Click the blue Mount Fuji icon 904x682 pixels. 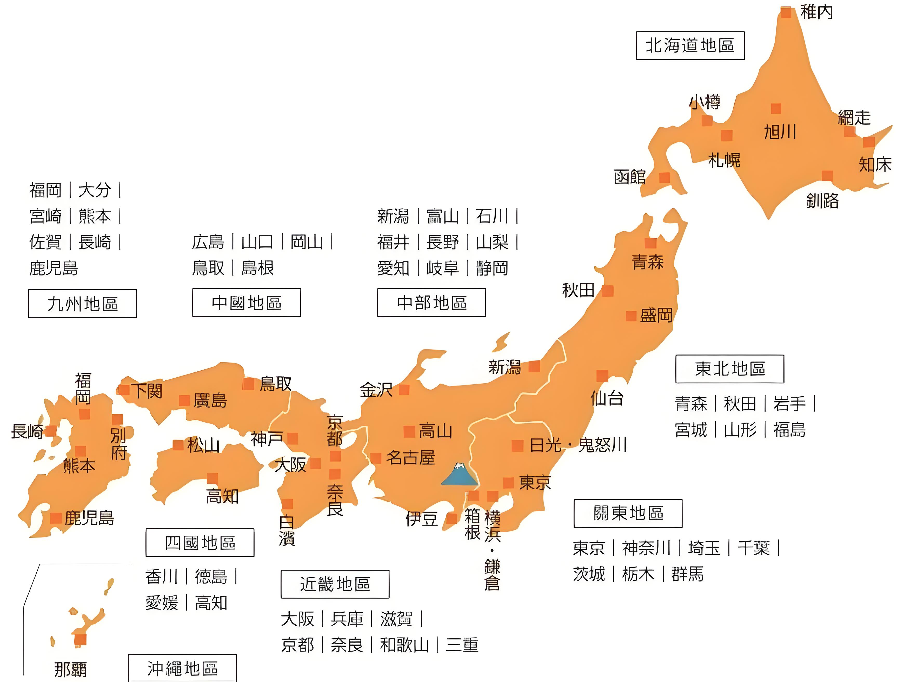point(459,475)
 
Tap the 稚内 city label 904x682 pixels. point(816,12)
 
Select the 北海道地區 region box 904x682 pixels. point(690,45)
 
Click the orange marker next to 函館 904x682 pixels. point(664,178)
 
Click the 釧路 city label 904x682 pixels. point(822,201)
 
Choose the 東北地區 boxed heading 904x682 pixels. point(729,369)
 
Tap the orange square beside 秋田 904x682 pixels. point(608,291)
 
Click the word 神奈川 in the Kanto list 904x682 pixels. point(646,548)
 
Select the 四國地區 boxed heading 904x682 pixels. point(200,543)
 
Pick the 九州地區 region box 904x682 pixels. point(83,304)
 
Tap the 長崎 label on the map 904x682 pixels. point(27,431)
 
